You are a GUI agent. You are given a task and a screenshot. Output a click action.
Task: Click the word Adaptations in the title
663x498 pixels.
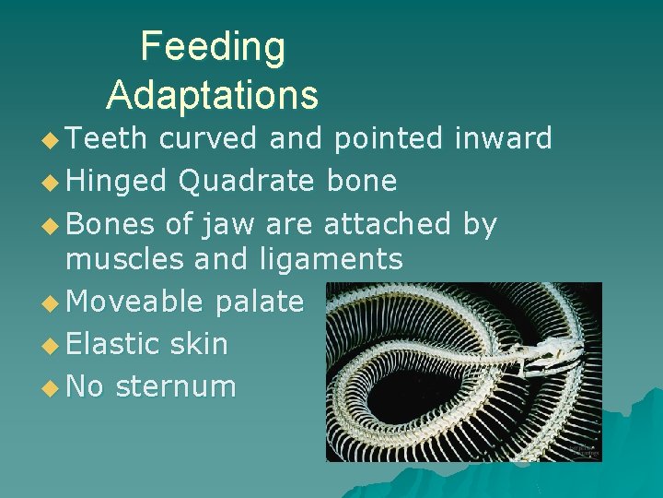213,95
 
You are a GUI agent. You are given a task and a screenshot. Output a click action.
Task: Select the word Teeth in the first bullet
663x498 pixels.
107,139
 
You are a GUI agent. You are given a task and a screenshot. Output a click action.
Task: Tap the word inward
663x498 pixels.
504,139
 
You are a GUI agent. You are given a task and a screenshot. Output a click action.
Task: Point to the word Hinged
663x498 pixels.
117,182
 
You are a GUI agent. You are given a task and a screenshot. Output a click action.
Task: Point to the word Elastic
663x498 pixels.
116,344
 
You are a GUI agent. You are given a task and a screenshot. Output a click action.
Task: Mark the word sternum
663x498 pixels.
176,386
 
